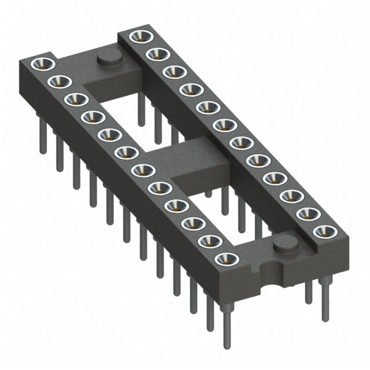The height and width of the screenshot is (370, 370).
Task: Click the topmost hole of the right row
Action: (x=139, y=36)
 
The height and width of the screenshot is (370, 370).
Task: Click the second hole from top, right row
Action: (x=155, y=54)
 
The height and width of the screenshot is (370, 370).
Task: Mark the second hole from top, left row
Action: (x=61, y=80)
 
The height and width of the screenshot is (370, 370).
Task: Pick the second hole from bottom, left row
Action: (x=206, y=240)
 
